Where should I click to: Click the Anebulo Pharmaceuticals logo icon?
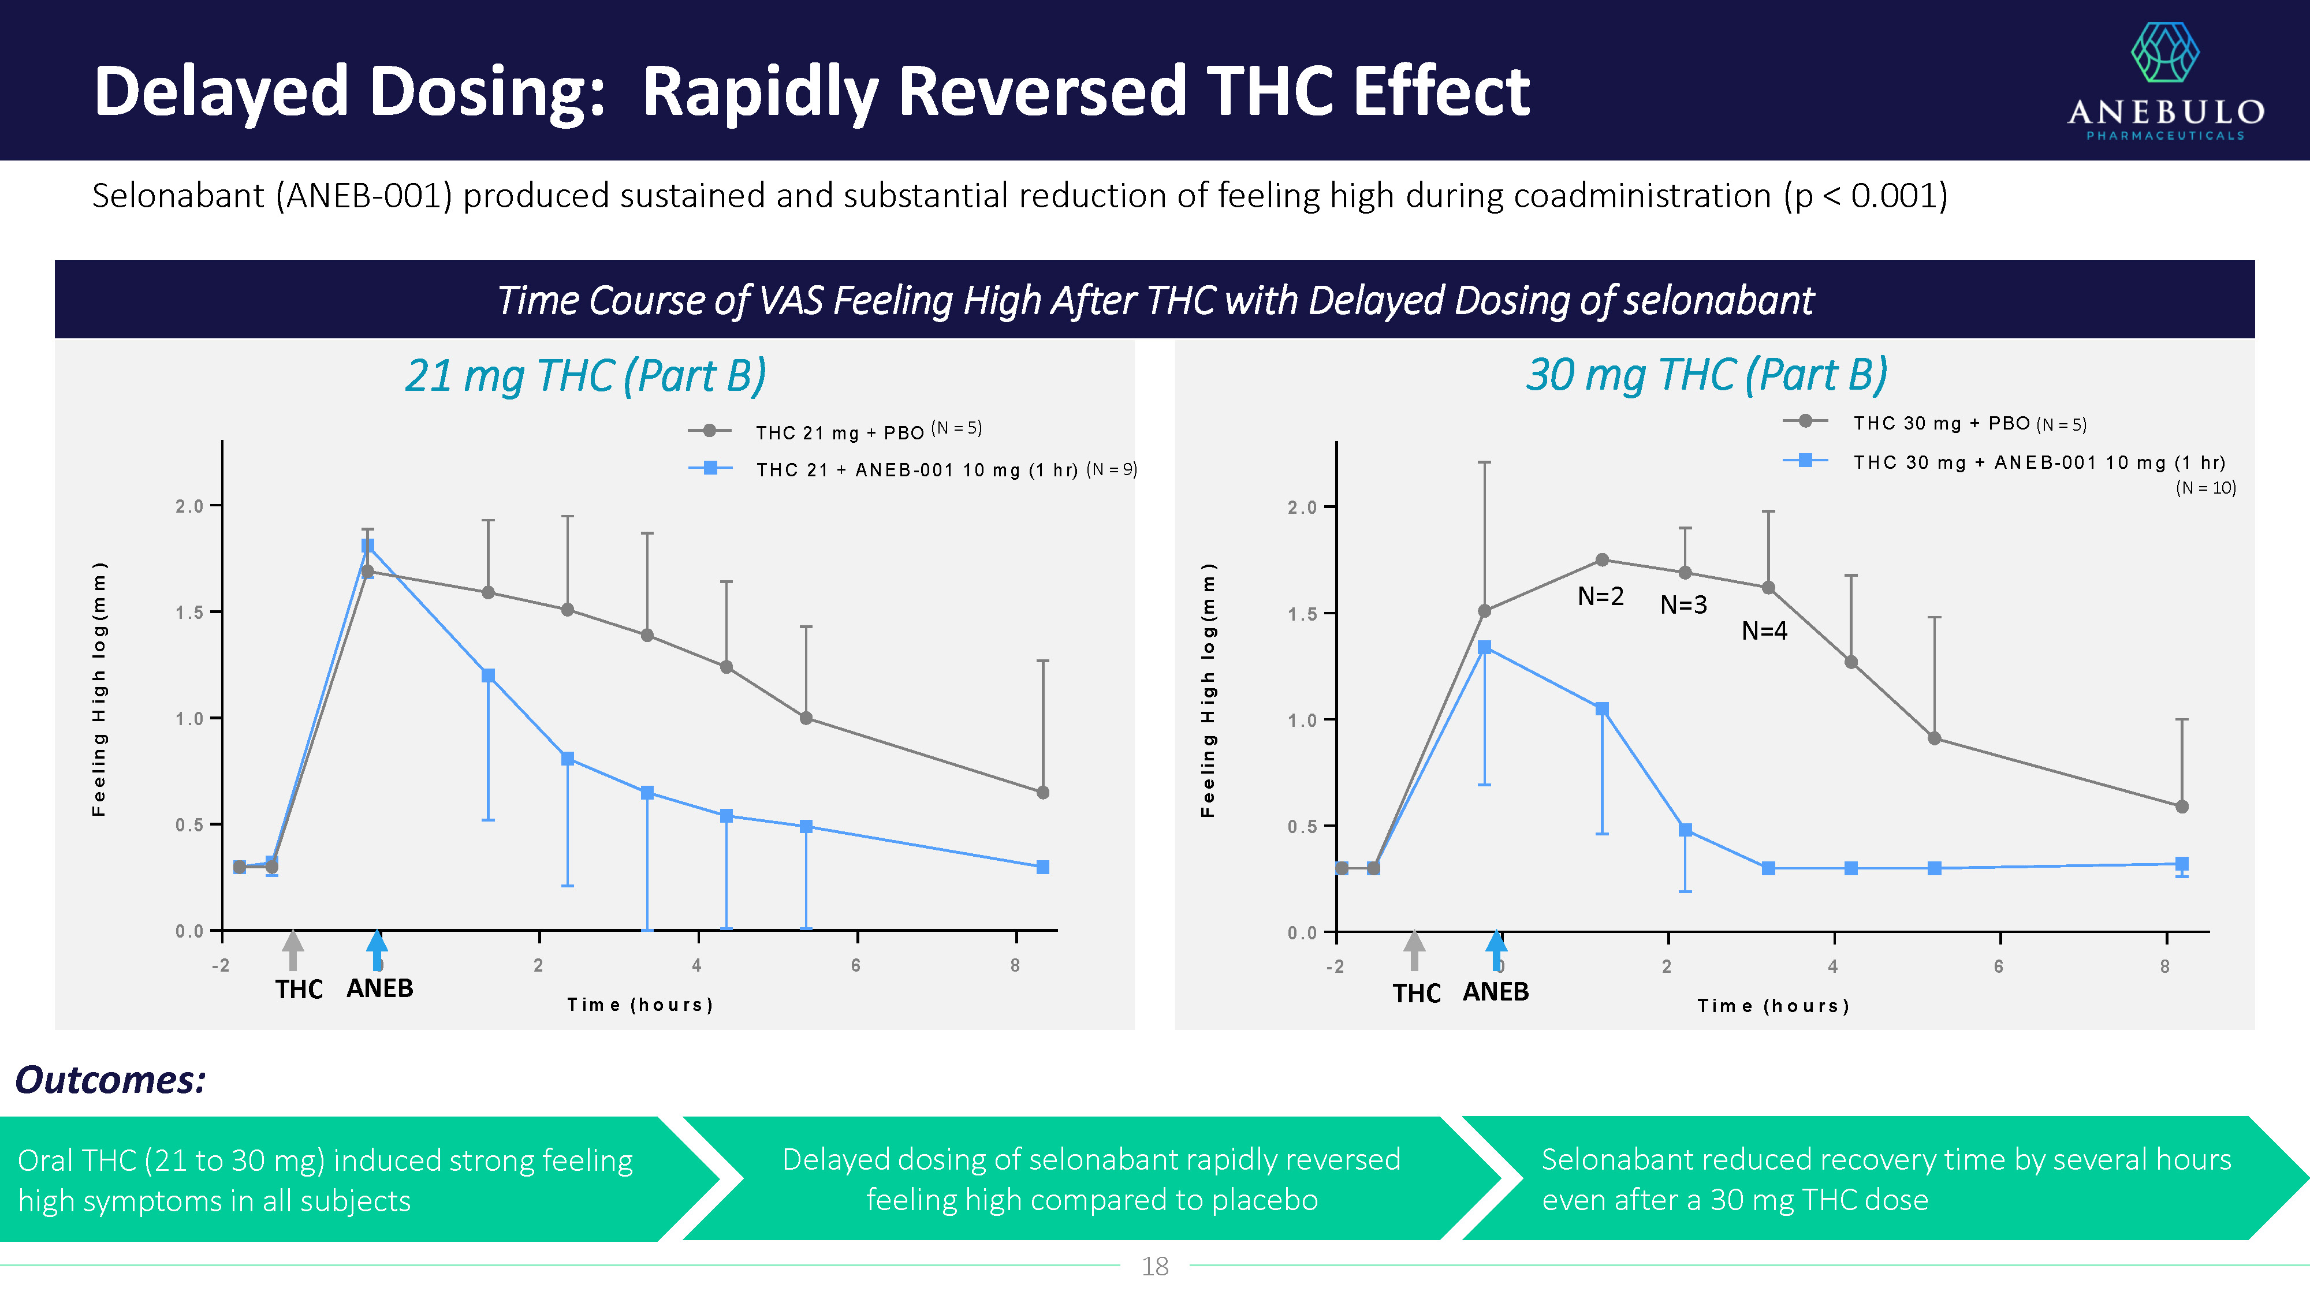(2164, 53)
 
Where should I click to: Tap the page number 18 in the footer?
(1154, 1266)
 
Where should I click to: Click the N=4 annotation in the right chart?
(1763, 631)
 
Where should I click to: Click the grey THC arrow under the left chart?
(292, 950)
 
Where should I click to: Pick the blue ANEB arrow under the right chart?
(1496, 950)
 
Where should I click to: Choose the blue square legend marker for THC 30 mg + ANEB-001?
(1805, 461)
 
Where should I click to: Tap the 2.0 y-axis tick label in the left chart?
(189, 506)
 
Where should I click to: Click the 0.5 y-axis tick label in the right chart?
(1302, 827)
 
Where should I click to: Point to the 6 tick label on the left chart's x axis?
(855, 965)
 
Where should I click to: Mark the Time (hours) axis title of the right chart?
(1773, 1006)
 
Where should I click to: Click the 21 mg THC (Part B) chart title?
(586, 376)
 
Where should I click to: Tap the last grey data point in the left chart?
(1042, 793)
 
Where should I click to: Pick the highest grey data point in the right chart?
(1601, 560)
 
